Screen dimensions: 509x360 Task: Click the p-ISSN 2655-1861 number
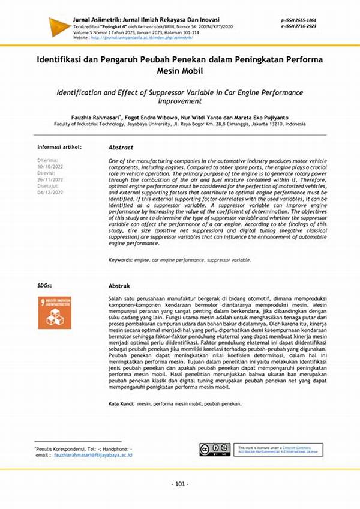tap(298, 20)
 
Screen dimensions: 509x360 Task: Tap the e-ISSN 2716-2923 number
tap(298, 26)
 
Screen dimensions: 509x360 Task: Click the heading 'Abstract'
tap(121, 146)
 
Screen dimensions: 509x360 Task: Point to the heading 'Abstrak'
tap(119, 286)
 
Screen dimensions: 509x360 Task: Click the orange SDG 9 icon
tap(54, 312)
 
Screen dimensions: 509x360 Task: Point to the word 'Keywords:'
tap(121, 260)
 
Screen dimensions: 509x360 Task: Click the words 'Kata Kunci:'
tap(122, 403)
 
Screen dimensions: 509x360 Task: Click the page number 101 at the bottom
tap(180, 484)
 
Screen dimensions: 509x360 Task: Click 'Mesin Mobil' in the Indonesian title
tap(180, 71)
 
